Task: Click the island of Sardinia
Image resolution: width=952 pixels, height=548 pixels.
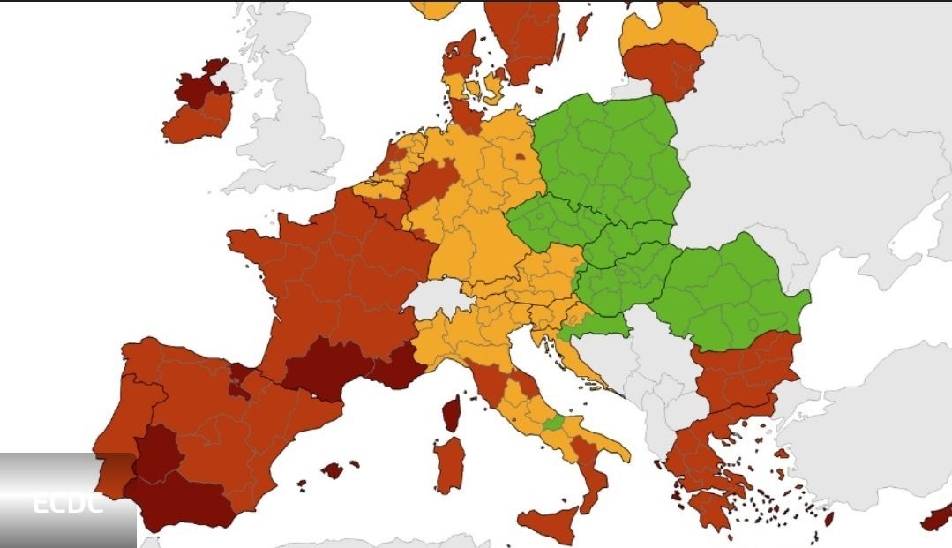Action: click(x=450, y=463)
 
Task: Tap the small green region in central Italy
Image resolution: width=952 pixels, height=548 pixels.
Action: click(x=554, y=424)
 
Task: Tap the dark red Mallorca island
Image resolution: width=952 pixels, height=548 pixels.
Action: click(x=332, y=469)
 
